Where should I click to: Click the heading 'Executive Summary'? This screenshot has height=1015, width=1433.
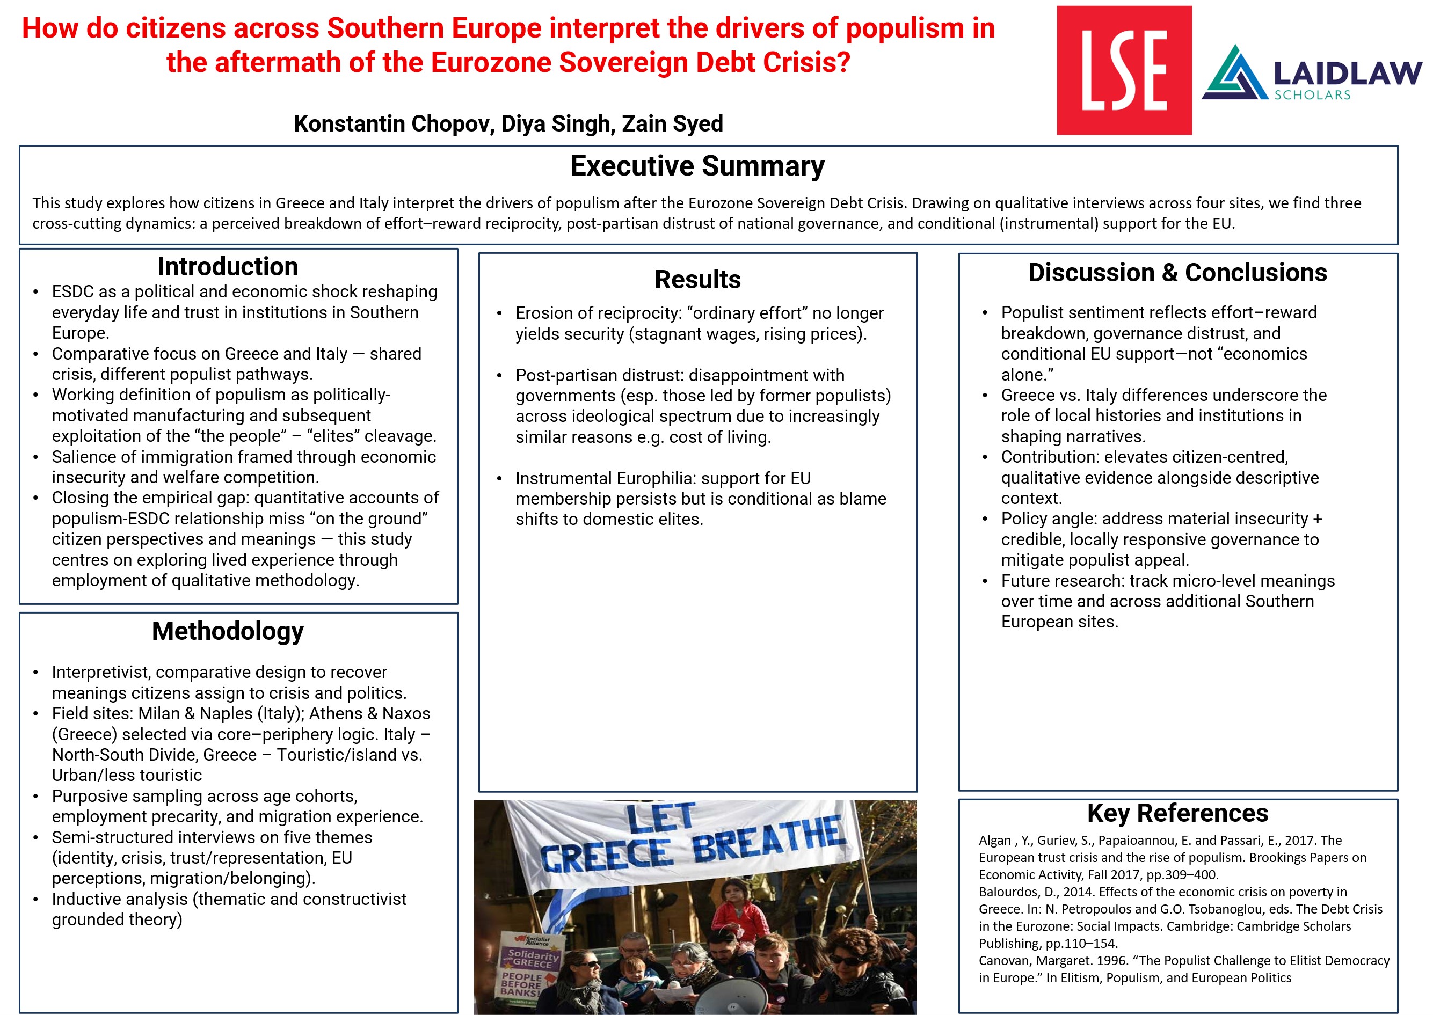click(x=697, y=166)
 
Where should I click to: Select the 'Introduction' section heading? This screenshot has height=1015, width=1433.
click(x=228, y=267)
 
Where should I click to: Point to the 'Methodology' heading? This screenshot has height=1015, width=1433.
click(x=228, y=631)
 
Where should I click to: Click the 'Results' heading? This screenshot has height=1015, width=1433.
click(x=697, y=279)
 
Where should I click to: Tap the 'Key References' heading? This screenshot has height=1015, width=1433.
click(x=1177, y=813)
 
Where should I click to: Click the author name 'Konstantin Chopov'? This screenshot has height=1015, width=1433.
click(x=393, y=124)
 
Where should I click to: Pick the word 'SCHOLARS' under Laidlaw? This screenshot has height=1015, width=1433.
click(x=1312, y=95)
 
